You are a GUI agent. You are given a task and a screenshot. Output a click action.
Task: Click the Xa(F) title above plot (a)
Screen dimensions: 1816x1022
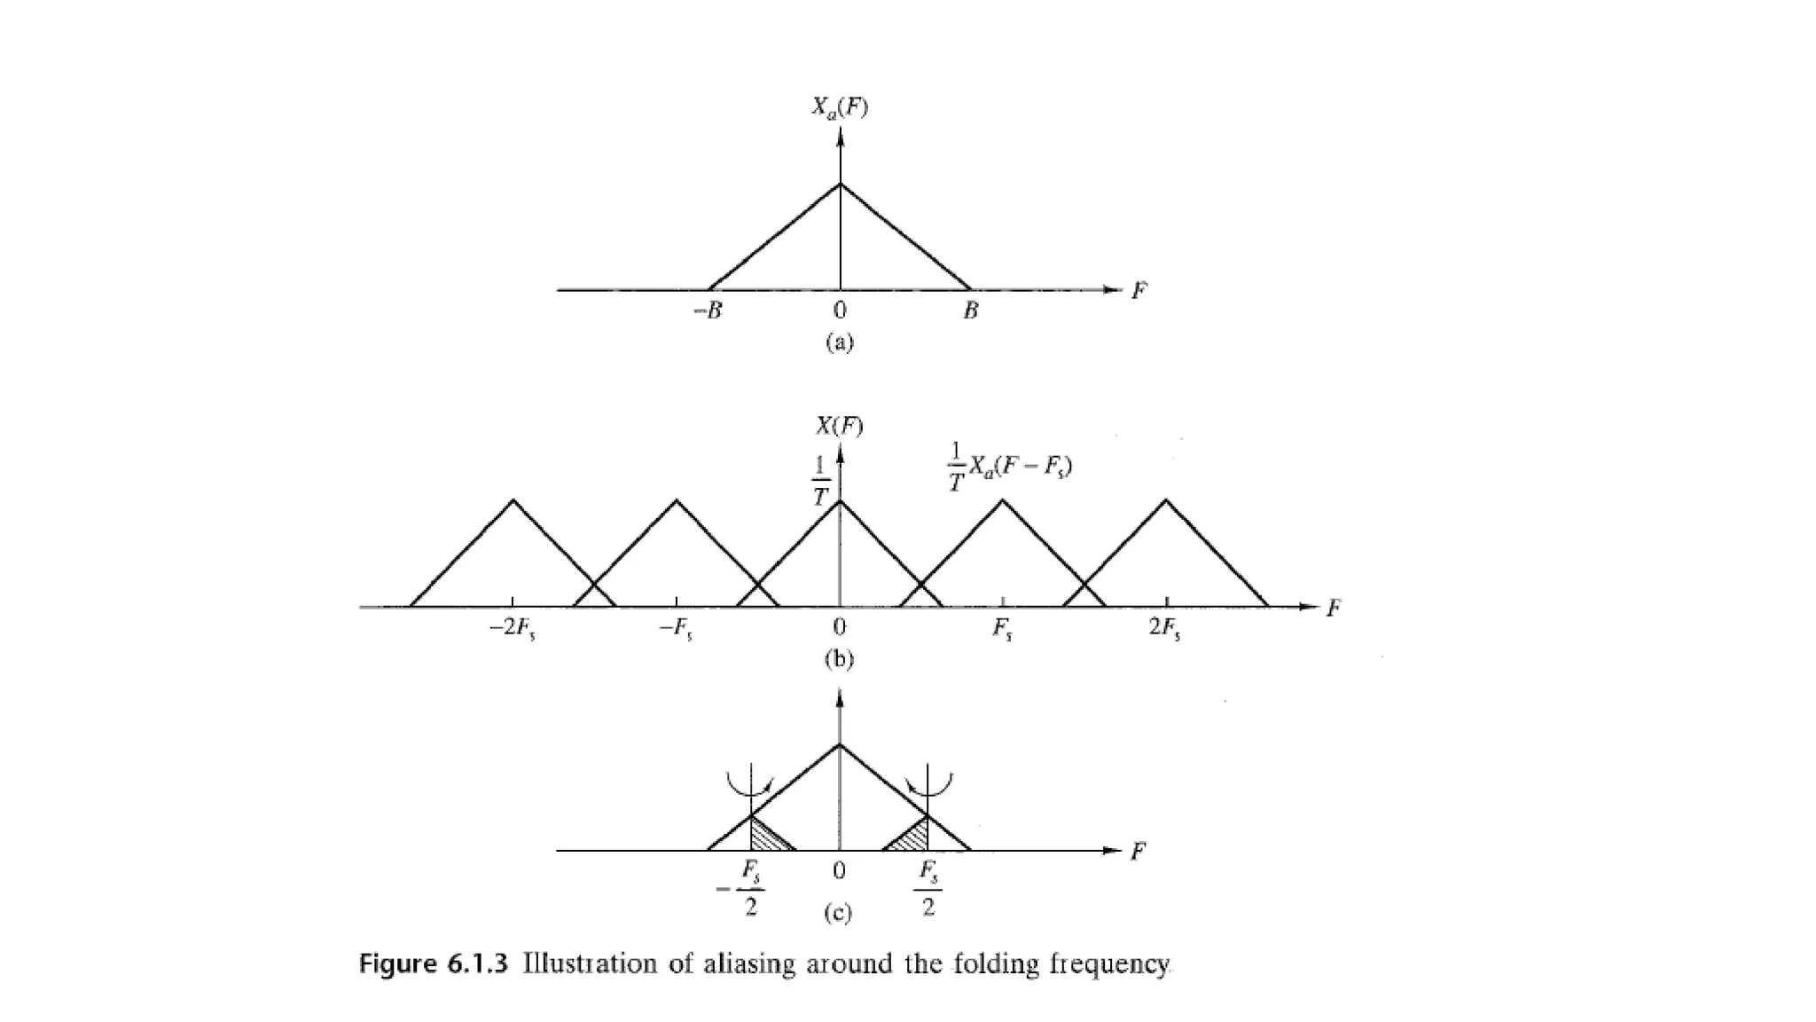pos(839,108)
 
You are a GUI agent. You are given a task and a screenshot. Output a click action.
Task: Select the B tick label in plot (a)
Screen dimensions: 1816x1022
pos(971,311)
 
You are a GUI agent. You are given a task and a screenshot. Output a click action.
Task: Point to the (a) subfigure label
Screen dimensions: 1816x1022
pos(839,342)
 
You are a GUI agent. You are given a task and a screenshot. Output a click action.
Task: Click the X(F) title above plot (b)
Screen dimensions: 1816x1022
pos(839,427)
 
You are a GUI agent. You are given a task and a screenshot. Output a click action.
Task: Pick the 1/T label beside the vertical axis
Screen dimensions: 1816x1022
pos(820,480)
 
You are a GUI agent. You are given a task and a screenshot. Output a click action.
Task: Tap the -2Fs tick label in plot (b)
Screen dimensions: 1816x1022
pos(513,629)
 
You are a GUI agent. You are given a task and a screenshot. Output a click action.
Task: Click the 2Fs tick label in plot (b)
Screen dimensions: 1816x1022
pos(1164,629)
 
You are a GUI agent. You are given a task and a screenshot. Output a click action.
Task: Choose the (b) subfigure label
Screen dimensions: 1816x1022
pos(839,659)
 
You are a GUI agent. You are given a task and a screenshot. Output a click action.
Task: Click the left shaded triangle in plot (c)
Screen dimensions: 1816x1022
pos(765,837)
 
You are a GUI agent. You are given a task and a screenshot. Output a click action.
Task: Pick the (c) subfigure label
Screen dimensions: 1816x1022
pos(838,914)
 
